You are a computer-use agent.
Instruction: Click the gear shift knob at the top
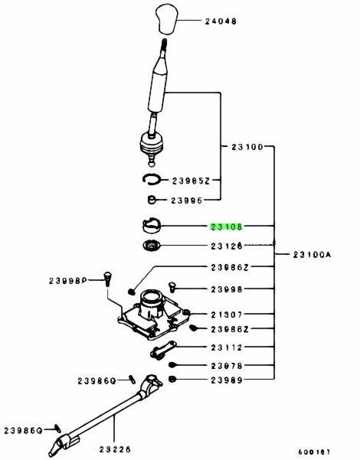tap(168, 18)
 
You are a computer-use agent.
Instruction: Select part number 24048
tap(221, 21)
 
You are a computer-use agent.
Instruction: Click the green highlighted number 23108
tap(226, 227)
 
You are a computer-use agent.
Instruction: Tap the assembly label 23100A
tap(312, 254)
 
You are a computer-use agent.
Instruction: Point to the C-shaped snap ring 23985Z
tap(151, 179)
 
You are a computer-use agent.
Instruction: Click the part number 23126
tap(227, 246)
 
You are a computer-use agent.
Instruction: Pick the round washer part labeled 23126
tap(151, 245)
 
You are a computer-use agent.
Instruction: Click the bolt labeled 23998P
tap(108, 279)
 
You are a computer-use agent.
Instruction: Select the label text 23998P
tap(68, 281)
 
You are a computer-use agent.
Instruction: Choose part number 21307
tap(227, 315)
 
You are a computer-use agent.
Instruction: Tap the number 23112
tap(227, 347)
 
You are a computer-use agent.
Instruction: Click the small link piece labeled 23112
tap(163, 350)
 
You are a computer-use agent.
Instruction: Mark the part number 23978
tap(227, 366)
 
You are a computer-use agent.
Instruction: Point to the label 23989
tap(227, 380)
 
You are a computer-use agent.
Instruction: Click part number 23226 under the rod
tap(115, 449)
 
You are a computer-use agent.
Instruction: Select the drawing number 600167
tap(314, 452)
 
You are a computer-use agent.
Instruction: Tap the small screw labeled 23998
tap(172, 287)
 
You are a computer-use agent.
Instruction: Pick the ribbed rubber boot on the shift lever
tap(151, 145)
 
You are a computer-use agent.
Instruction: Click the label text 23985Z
tap(191, 181)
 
